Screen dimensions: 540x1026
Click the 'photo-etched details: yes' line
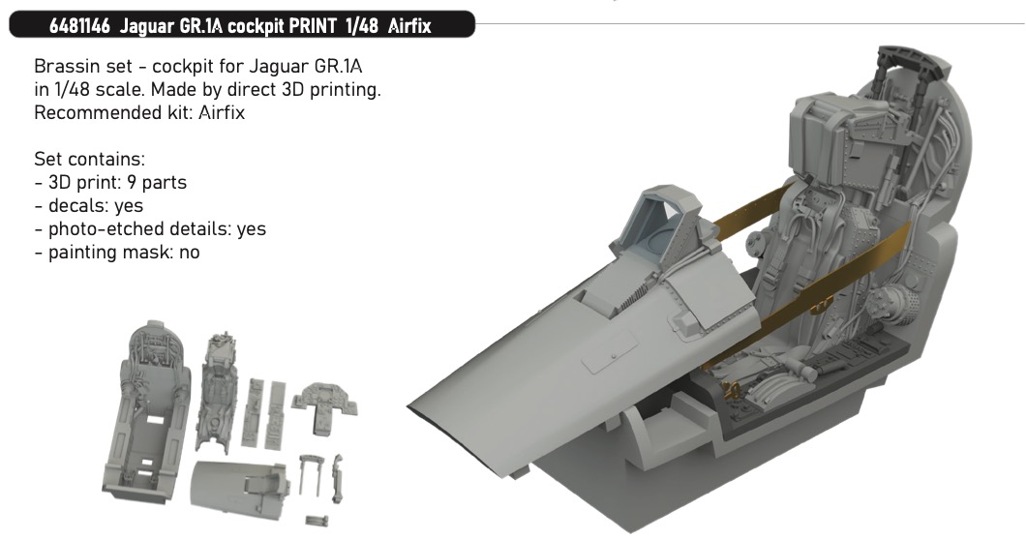coord(150,229)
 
